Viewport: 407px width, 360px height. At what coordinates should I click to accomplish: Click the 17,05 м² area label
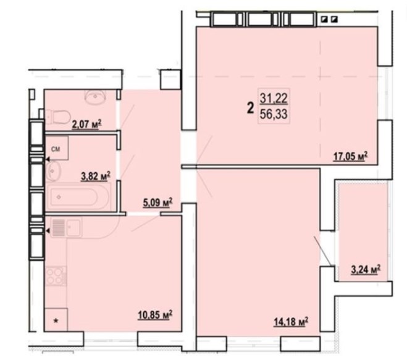350,156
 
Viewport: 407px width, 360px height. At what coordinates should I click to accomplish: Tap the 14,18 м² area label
291,322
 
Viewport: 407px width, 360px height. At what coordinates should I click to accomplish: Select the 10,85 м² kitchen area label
155,315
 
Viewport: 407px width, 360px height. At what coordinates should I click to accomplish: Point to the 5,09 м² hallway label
158,203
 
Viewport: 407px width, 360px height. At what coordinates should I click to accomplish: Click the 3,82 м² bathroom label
96,176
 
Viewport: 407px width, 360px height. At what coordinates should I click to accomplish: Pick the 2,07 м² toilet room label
86,124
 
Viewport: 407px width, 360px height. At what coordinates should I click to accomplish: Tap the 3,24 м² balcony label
366,269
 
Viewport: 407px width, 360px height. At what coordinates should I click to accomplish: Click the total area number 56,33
274,114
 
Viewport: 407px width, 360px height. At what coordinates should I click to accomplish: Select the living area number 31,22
274,98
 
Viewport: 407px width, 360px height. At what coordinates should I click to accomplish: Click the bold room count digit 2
250,108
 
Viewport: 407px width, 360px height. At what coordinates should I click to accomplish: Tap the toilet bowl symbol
57,116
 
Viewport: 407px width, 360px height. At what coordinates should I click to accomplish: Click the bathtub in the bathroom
78,197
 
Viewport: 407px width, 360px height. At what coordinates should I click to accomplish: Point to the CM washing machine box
57,148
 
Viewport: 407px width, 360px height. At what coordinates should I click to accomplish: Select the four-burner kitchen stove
56,276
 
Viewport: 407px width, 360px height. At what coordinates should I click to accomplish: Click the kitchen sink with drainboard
67,228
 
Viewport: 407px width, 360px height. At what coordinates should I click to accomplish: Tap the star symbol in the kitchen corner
56,321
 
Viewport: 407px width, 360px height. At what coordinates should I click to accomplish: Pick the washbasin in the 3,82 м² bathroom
54,171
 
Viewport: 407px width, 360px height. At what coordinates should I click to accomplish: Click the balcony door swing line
322,251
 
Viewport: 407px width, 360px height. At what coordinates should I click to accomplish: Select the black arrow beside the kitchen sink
48,230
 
